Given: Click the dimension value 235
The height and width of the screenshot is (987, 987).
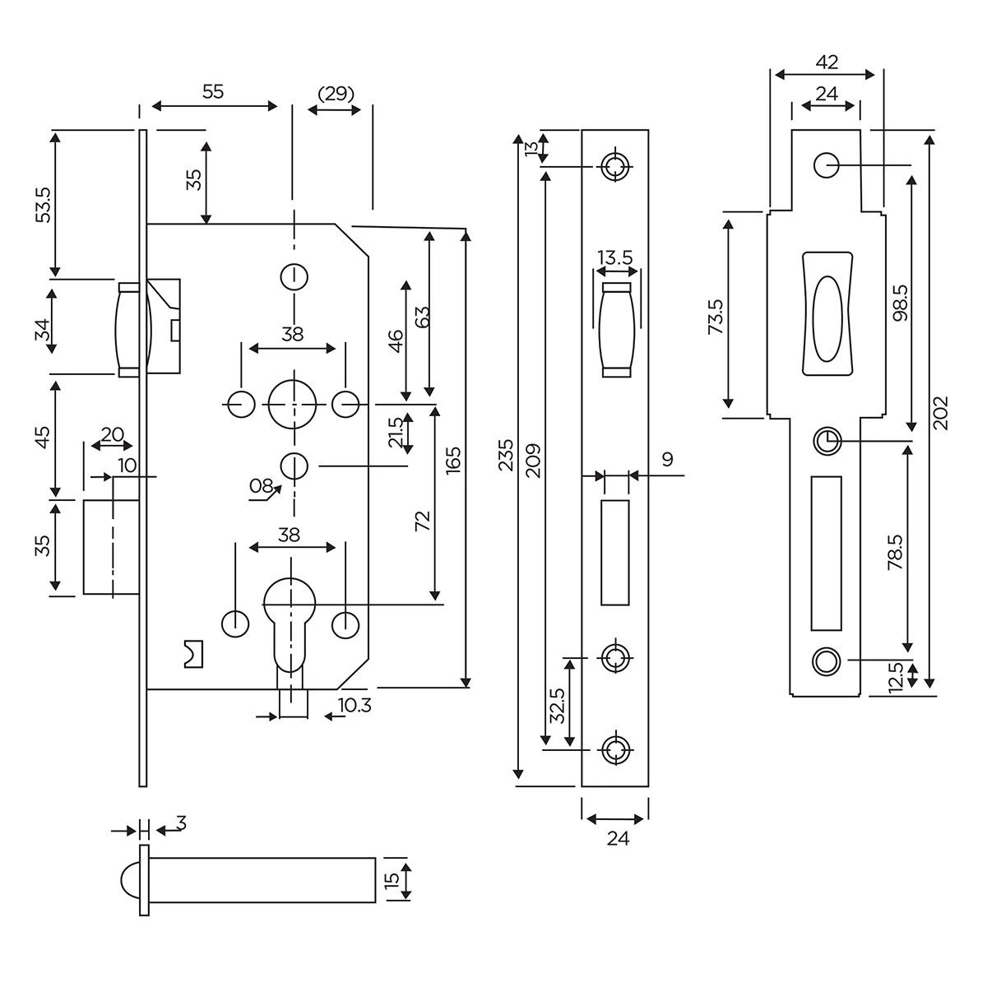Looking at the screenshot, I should pos(506,456).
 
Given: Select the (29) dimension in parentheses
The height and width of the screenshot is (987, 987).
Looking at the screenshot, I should pos(336,93).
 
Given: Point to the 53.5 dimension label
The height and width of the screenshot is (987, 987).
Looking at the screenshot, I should pos(44,204).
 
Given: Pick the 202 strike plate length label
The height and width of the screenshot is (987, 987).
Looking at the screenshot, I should pos(942,413).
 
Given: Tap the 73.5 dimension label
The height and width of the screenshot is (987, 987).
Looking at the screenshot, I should pos(715,317).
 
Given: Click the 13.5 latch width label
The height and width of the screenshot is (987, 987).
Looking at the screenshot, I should pos(615,257).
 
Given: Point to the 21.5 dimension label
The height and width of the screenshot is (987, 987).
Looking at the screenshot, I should pos(396,433).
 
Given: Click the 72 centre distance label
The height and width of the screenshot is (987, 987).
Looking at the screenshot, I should pos(424,521).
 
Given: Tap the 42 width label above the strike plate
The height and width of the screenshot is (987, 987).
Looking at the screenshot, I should pos(827,62).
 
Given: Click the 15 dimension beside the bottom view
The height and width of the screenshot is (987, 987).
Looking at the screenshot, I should pos(392,879).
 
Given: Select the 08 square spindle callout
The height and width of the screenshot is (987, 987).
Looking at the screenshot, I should pos(262,486).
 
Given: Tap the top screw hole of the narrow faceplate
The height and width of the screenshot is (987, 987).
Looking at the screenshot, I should pos(614,167).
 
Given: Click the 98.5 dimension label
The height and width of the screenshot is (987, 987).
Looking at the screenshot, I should pos(899,303).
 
